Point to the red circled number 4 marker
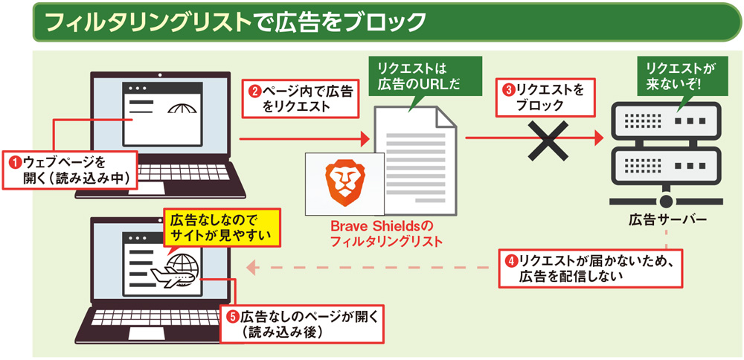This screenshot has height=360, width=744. [511, 261]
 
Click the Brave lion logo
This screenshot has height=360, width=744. [344, 184]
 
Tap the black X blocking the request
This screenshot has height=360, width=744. [549, 139]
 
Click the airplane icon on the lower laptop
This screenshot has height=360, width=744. [172, 276]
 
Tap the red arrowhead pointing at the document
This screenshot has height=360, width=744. [365, 139]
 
